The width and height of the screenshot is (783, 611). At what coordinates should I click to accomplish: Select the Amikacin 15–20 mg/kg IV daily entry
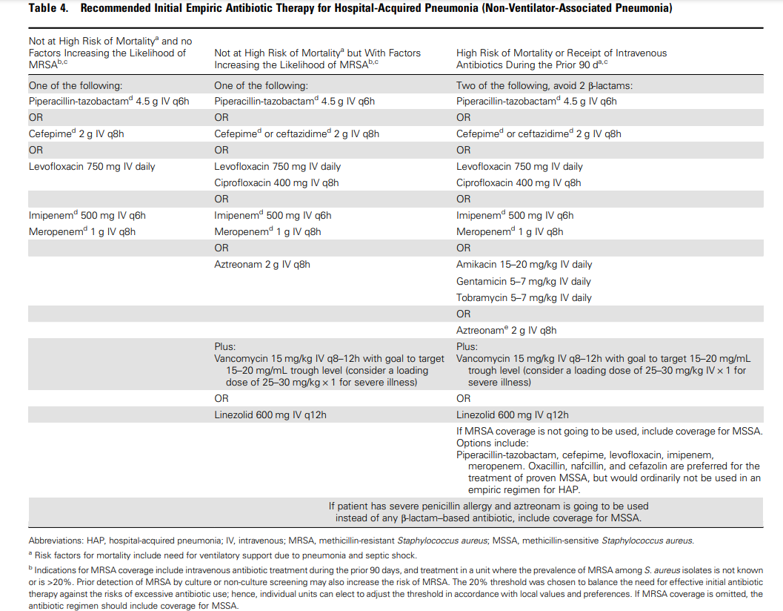tap(524, 265)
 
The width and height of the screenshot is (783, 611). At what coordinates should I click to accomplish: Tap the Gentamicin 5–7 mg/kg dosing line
tap(523, 281)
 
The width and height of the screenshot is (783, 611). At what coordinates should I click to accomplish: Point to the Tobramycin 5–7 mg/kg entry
tap(524, 297)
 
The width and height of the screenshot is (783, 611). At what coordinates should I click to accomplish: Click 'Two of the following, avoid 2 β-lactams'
tap(544, 85)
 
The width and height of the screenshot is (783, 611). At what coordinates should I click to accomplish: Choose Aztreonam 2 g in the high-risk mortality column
tap(506, 330)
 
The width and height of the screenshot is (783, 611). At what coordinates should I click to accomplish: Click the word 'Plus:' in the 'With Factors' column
tap(224, 346)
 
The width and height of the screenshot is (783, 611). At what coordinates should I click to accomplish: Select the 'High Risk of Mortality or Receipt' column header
tap(561, 59)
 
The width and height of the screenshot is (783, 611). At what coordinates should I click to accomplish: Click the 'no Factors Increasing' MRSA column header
tap(107, 53)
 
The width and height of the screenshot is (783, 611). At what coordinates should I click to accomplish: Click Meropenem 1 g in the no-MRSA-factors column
tap(81, 231)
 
